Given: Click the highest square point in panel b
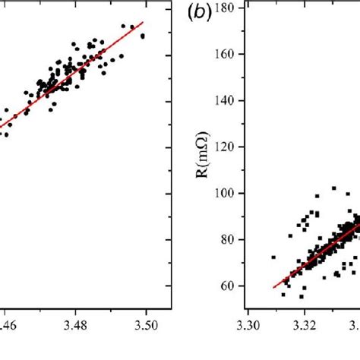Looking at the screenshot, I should [x=333, y=188].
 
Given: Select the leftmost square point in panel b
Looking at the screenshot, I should [x=273, y=257].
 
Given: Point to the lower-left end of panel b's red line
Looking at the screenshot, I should [x=273, y=287].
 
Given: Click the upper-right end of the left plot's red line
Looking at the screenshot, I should [x=142, y=23].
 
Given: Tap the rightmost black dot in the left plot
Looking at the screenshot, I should [x=143, y=35].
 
